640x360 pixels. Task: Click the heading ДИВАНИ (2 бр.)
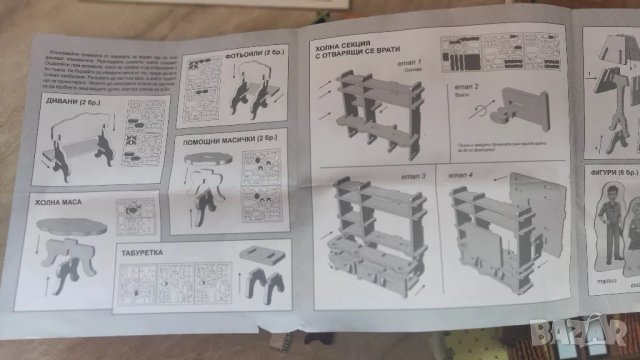71,102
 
